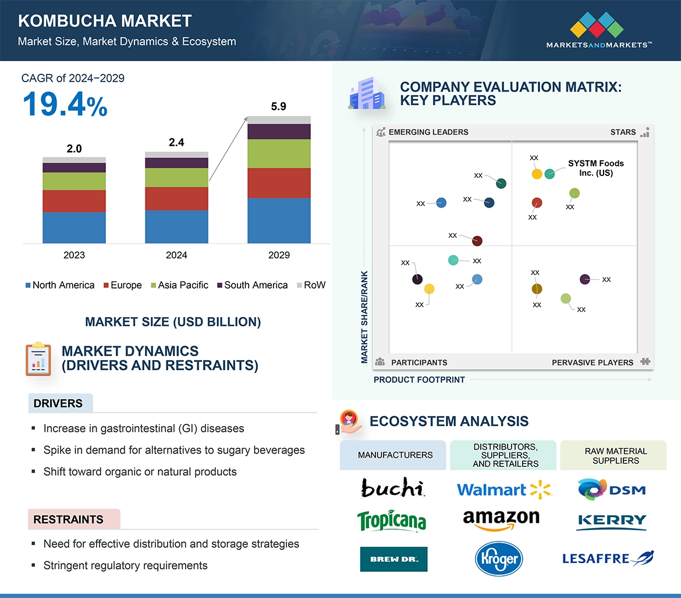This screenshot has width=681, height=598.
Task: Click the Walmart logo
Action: (504, 489)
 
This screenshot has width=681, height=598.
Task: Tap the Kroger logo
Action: (499, 559)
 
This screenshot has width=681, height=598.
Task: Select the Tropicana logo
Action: (391, 520)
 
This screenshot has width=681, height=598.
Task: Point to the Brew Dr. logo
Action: (393, 559)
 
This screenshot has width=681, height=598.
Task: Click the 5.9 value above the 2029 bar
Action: (279, 107)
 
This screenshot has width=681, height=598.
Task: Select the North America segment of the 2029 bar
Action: (279, 220)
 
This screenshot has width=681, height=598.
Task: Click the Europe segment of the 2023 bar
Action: (74, 201)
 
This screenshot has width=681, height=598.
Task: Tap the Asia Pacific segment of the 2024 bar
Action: (176, 177)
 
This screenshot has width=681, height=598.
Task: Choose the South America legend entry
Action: (252, 285)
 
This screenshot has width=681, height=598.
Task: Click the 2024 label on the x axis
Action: (176, 255)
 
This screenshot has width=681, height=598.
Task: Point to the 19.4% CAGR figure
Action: (65, 105)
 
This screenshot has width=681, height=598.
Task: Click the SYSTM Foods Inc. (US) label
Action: (595, 168)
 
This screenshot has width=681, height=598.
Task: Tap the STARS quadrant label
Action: (623, 132)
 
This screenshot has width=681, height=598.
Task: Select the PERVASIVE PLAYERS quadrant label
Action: (592, 363)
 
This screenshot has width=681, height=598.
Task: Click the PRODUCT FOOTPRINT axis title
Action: (419, 380)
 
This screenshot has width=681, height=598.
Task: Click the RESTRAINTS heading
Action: (68, 519)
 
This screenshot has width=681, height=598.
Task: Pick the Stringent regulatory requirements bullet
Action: (125, 565)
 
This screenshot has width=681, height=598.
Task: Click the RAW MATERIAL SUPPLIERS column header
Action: (615, 456)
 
